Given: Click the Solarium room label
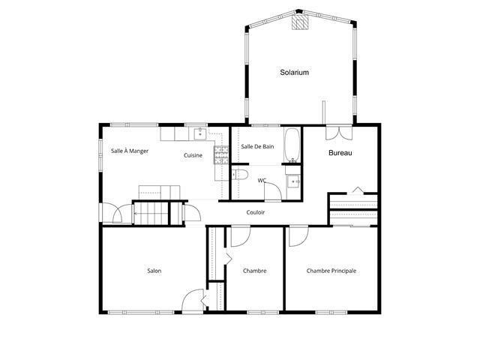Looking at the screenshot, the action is tap(294, 73).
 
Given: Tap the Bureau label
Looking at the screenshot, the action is tap(340, 153).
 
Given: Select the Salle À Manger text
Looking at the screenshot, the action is tap(130, 151).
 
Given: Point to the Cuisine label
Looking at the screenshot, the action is tap(193, 155).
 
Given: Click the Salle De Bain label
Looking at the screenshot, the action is tap(257, 147).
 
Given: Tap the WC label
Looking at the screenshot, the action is tap(262, 181).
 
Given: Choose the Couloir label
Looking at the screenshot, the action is tap(255, 212).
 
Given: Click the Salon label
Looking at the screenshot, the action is tap(154, 271).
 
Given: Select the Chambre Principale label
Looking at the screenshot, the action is tap(331, 271).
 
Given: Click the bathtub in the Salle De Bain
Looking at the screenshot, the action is tap(292, 145).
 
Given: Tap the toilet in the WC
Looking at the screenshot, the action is tap(240, 175).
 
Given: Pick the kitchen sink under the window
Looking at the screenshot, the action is tap(200, 133).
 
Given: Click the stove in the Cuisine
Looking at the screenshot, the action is tap(221, 155).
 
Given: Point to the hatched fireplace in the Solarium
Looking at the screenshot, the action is tap(300, 22).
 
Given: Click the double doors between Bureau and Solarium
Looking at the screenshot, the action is tap(339, 132).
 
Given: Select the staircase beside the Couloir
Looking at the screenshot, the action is tap(151, 213).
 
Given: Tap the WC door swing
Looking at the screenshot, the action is tap(273, 190).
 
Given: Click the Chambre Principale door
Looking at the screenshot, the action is tap(298, 236).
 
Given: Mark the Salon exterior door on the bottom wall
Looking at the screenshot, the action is tap(193, 300).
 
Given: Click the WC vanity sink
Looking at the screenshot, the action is tap(293, 181).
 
